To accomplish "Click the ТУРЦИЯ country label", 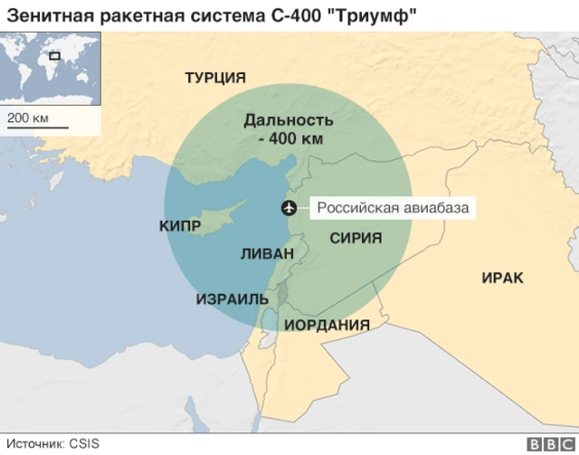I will tap(216, 78).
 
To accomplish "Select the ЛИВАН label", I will tap(267, 254).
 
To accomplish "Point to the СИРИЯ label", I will tap(355, 238).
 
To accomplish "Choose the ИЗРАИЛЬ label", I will tap(233, 299).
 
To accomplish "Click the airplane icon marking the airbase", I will tap(289, 209).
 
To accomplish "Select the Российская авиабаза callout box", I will tap(393, 209).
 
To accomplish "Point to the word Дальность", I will tap(289, 119).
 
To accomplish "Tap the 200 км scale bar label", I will tap(26, 118).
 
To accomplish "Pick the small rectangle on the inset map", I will tap(55, 57).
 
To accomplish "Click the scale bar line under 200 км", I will tap(37, 128).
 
